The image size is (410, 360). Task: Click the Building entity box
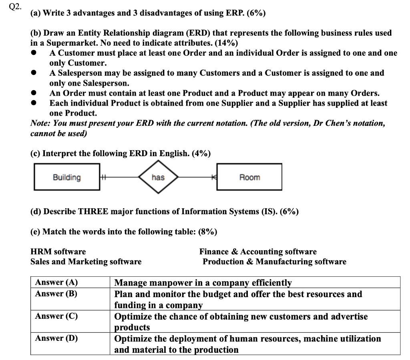click(66, 177)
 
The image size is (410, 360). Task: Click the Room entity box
click(249, 177)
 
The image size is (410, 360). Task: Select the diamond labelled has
click(158, 177)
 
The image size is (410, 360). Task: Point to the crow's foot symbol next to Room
click(214, 177)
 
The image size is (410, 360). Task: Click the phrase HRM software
click(58, 252)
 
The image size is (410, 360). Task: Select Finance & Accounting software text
click(258, 252)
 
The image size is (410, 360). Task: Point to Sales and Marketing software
click(86, 262)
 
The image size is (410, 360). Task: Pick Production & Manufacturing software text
click(274, 262)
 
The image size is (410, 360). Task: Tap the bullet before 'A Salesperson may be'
click(35, 73)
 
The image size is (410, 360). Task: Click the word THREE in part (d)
click(92, 211)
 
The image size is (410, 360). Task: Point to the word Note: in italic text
click(40, 123)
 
